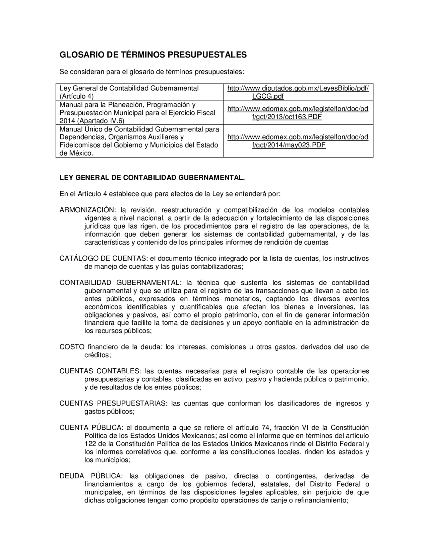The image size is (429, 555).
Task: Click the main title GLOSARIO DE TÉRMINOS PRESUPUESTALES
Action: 153,55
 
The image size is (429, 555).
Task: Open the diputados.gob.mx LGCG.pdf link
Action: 298,92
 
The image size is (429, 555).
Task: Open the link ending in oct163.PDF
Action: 298,113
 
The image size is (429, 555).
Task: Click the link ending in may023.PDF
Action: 298,141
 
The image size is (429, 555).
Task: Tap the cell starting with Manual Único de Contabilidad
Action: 139,141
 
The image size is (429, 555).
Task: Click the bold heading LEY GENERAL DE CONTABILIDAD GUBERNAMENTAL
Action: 152,178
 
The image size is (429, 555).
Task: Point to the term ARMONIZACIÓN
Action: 86,210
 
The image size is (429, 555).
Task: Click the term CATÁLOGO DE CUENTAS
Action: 103,258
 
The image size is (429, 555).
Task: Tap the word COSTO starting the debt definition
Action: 72,347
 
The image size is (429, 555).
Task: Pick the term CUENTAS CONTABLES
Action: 100,371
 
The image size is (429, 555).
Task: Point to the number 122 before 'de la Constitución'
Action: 90,444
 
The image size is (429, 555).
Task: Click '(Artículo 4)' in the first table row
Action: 76,96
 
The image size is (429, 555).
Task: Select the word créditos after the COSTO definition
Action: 97,355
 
